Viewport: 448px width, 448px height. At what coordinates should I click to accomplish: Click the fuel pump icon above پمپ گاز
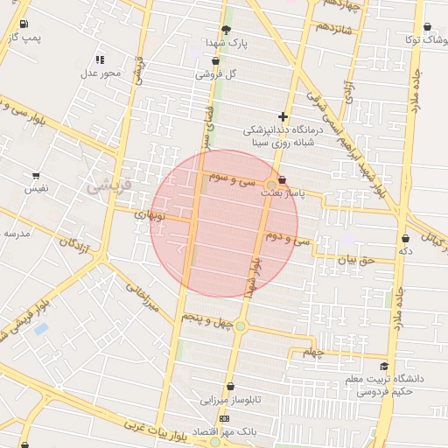click(23, 24)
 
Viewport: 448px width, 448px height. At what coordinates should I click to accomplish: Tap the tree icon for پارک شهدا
click(227, 30)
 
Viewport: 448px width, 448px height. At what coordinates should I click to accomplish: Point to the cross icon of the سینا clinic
click(283, 116)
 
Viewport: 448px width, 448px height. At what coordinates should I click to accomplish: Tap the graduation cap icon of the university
click(384, 367)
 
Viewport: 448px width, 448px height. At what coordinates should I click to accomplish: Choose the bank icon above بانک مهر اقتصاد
click(224, 419)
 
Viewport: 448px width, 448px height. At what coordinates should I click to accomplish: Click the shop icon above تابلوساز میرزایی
click(230, 387)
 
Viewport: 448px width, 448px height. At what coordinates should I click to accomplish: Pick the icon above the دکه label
click(405, 238)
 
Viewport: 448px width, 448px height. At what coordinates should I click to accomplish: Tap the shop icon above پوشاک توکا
click(427, 27)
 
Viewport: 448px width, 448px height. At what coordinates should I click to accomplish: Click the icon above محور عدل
click(100, 59)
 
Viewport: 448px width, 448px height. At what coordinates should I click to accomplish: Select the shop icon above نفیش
click(36, 175)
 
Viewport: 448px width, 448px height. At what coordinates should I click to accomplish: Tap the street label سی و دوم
click(292, 238)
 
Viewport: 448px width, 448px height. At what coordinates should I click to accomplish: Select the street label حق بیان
click(356, 260)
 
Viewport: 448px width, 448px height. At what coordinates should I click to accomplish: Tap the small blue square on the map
click(40, 329)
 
